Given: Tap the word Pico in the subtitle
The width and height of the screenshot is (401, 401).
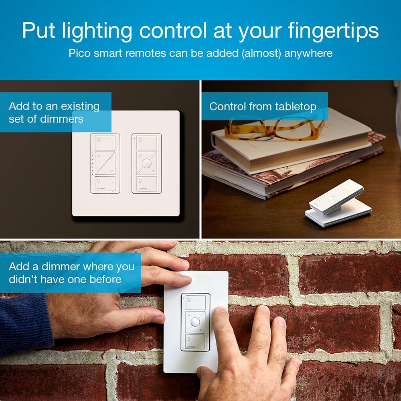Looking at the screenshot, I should click(x=80, y=53).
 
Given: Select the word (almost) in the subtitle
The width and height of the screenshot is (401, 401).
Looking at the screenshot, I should click(x=261, y=53).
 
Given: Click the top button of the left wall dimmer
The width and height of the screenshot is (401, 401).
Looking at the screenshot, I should click(x=105, y=142).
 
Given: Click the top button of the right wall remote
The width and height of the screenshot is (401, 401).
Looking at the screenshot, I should click(x=147, y=142).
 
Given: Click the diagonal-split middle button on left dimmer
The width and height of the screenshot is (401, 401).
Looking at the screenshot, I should click(x=105, y=163).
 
